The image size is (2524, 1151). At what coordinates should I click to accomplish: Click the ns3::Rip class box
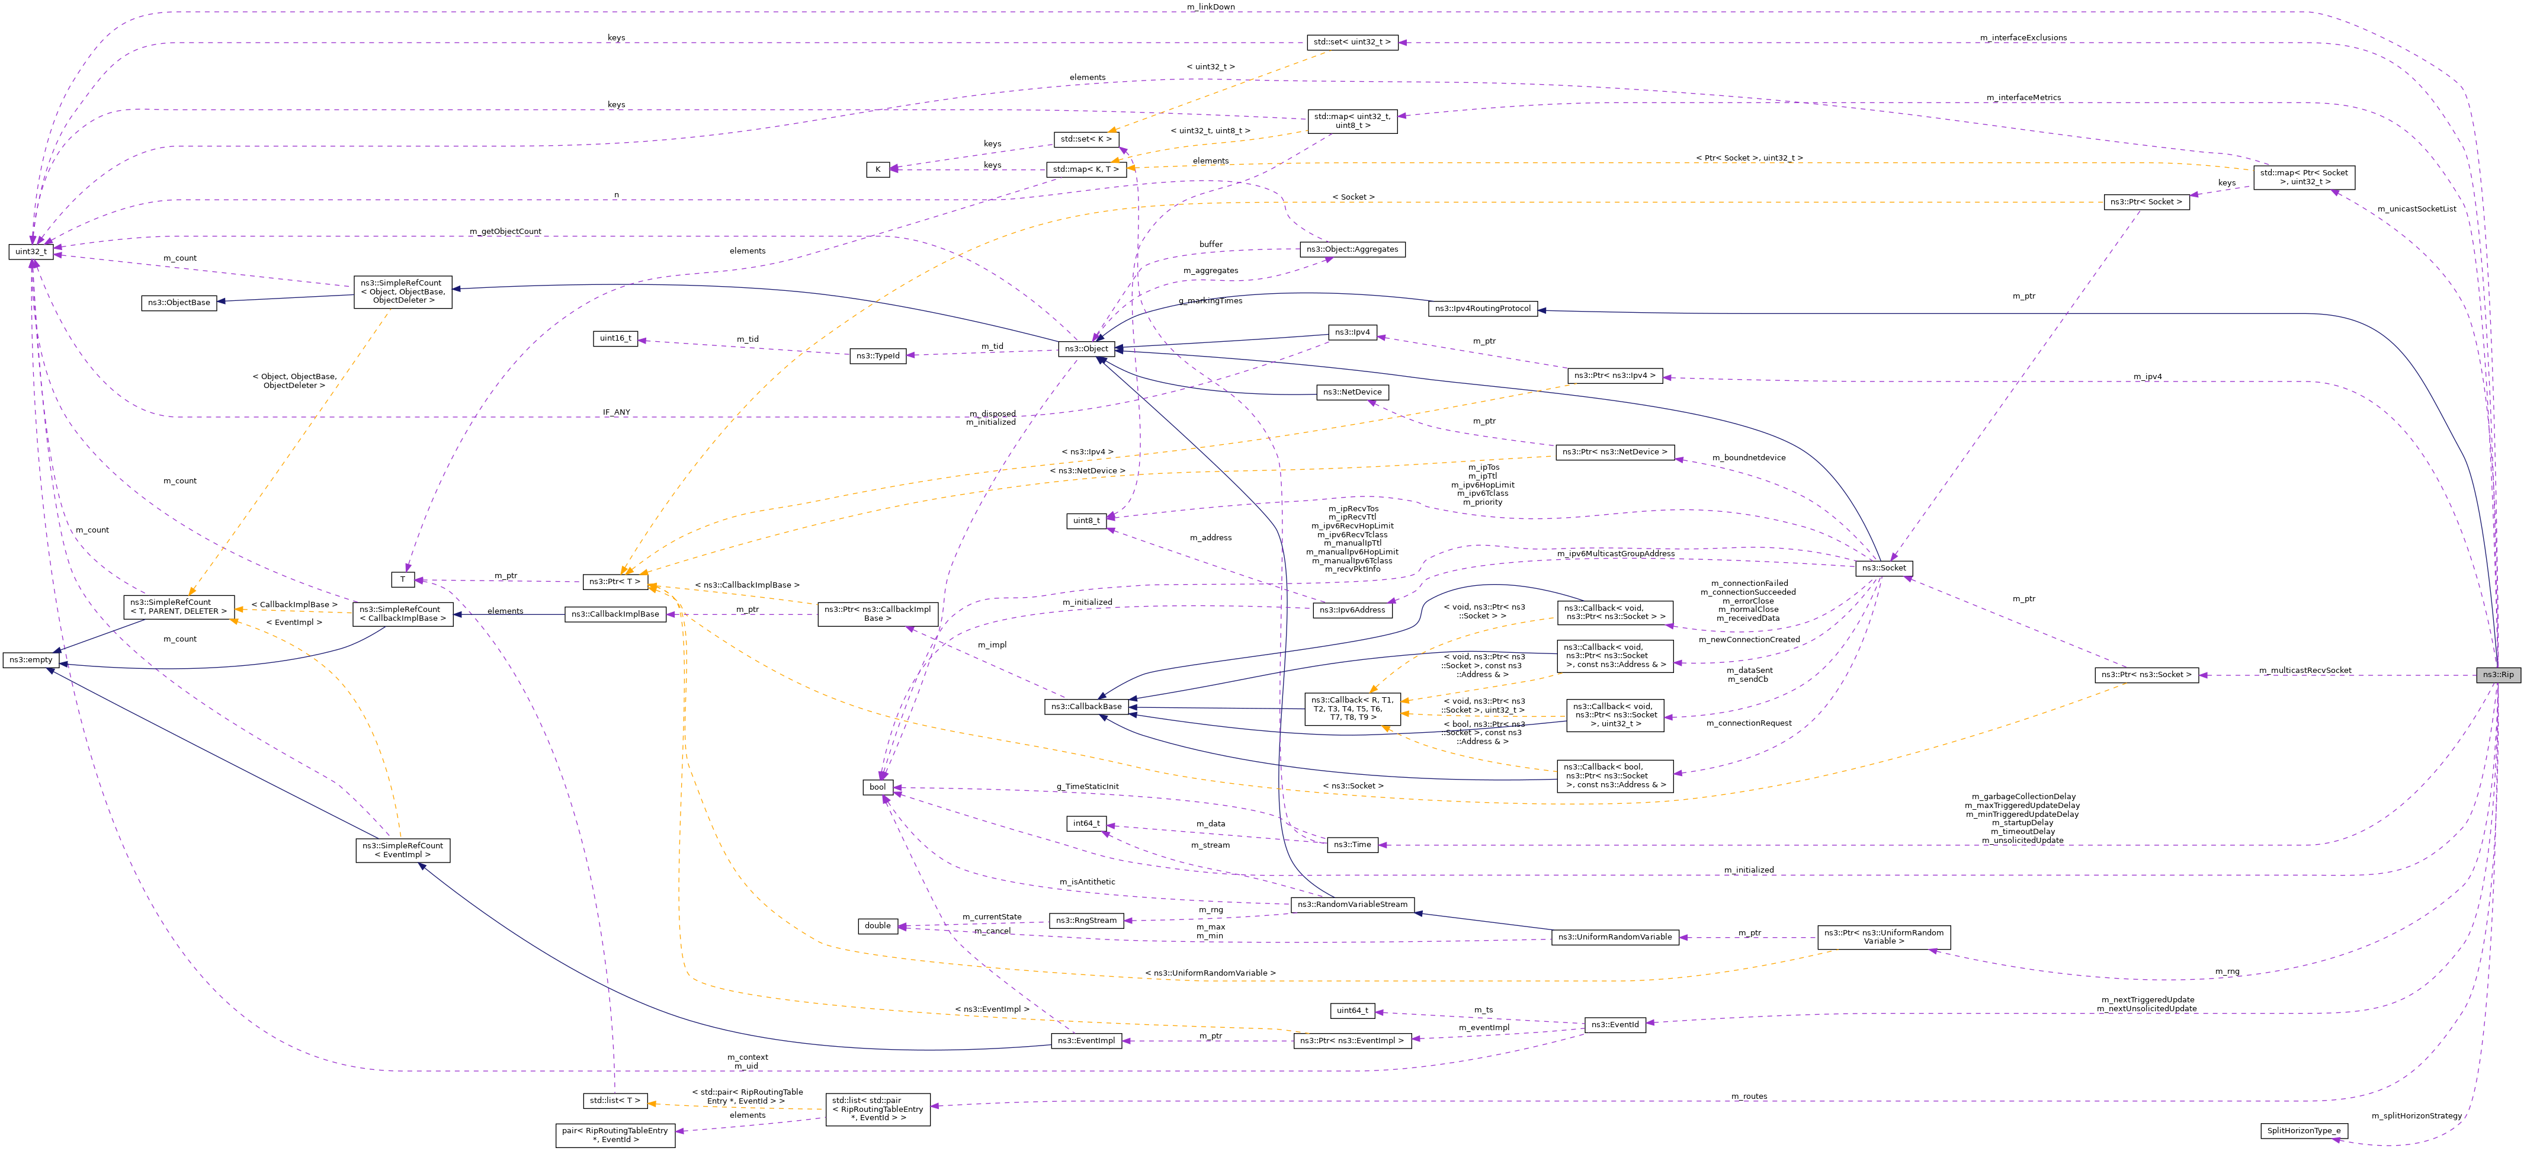point(2497,675)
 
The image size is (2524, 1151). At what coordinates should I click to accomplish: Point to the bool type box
point(877,788)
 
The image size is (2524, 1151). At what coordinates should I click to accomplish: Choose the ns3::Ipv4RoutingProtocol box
point(1483,309)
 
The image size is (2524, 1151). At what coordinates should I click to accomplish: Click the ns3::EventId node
point(1614,1025)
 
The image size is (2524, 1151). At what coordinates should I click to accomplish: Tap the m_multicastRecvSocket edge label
point(2304,670)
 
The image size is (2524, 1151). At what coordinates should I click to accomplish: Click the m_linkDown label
point(1210,7)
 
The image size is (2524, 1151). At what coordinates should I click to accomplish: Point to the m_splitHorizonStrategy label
point(2416,1115)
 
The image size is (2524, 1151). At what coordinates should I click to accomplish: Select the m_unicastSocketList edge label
point(2416,209)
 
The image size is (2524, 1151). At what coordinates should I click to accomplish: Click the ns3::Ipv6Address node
point(1352,610)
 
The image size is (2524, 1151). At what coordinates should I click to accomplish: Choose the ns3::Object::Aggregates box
point(1352,250)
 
